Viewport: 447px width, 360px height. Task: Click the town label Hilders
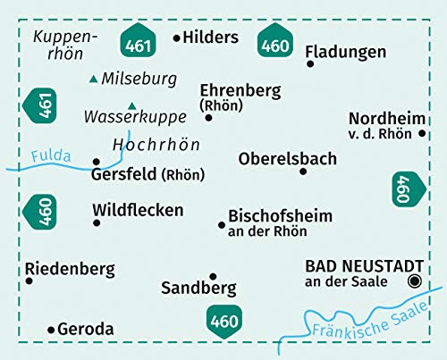point(212,38)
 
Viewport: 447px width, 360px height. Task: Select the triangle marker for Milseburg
point(94,80)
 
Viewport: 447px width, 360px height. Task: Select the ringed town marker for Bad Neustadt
point(413,280)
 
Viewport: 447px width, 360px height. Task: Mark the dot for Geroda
point(50,329)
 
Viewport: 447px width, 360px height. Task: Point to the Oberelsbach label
point(288,159)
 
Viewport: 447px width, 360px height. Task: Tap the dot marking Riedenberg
point(29,280)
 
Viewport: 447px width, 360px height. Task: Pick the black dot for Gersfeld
point(96,162)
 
